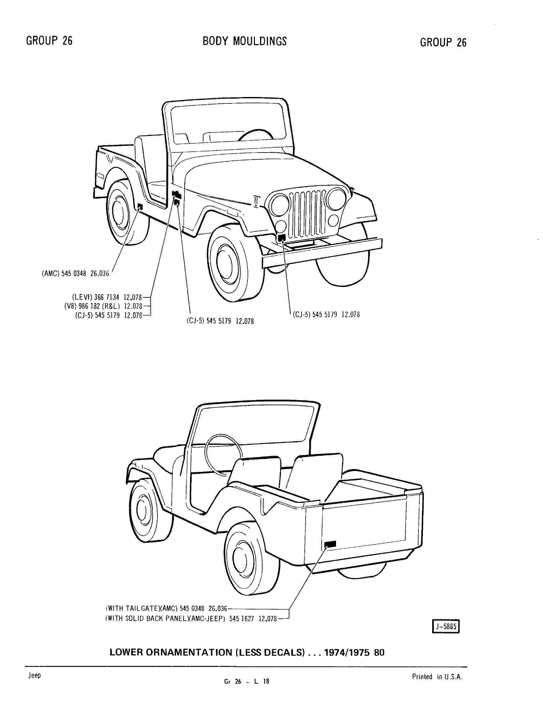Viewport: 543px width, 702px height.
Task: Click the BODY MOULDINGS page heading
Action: (x=244, y=41)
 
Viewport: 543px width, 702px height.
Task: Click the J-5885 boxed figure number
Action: (x=446, y=626)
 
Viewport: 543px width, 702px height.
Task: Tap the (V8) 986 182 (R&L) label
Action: (x=103, y=306)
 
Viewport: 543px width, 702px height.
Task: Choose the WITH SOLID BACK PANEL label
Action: (x=191, y=618)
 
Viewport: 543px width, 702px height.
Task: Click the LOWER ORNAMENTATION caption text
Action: (x=247, y=652)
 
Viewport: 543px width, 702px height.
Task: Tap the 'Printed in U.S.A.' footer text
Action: (x=437, y=676)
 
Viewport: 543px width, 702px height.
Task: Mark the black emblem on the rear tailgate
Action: (x=330, y=544)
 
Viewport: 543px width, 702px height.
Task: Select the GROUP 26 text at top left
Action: (x=49, y=41)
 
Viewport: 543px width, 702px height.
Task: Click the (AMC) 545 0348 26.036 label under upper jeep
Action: (x=75, y=273)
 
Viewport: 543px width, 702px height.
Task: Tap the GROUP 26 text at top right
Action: (x=443, y=42)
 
